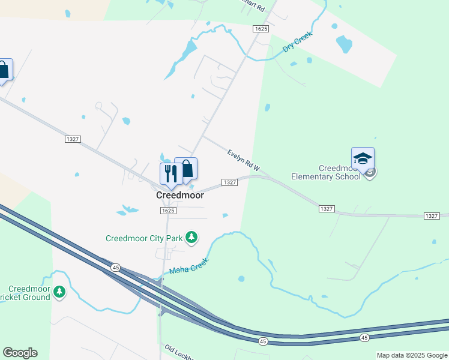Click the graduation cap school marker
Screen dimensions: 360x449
363,159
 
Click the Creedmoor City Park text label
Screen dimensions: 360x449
143,238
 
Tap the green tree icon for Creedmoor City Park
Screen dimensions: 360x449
191,238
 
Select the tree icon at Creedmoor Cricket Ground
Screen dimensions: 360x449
59,292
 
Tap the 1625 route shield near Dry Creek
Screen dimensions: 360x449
260,29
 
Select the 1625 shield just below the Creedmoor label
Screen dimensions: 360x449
168,211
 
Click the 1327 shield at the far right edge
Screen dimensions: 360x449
432,215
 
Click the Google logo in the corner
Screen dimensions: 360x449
20,353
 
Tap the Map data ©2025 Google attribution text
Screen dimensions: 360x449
412,355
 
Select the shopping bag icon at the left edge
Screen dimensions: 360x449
4,70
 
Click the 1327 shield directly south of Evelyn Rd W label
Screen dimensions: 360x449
231,182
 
